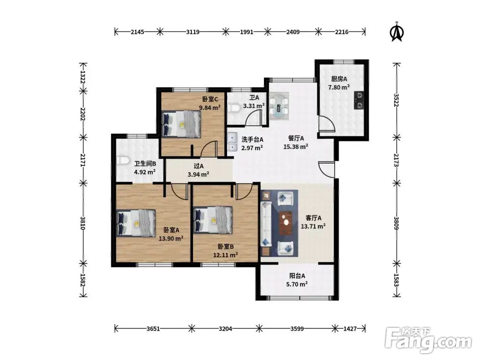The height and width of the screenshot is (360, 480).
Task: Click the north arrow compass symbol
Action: click(397, 32)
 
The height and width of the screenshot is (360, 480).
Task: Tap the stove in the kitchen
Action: click(359, 100)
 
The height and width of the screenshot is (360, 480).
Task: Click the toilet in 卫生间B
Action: click(122, 160)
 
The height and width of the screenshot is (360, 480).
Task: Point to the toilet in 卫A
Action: click(235, 108)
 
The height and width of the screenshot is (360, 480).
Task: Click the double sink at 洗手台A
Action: click(233, 142)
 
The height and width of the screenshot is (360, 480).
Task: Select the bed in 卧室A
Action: click(136, 223)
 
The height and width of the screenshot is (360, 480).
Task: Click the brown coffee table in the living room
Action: click(286, 223)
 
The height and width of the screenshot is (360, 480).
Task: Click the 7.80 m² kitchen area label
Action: click(339, 87)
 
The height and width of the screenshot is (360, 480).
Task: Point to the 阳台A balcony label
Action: click(297, 276)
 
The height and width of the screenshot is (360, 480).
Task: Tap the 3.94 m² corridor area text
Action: click(198, 175)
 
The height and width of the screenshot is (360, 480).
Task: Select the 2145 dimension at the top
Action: click(137, 32)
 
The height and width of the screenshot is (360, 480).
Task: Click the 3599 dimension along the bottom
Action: click(297, 329)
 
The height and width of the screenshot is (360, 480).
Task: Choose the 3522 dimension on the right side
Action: click(396, 100)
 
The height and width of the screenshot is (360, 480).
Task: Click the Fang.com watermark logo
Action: click(428, 340)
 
